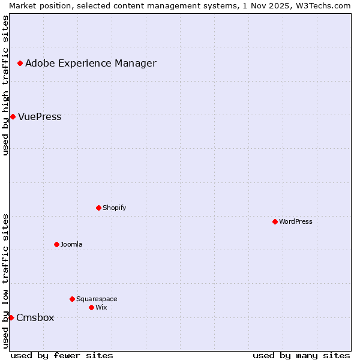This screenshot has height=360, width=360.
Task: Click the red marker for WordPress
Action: point(275,221)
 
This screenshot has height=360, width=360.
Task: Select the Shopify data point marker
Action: point(98,208)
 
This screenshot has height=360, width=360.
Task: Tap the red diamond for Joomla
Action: point(56,244)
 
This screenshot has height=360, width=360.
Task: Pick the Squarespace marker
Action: point(72,299)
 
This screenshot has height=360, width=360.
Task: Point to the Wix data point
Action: point(91,307)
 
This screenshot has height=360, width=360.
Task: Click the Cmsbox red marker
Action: point(11,317)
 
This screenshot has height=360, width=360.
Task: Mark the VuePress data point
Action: point(13,116)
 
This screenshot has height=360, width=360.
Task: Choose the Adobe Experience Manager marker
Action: point(20,63)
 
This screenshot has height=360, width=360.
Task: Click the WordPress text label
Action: point(296,221)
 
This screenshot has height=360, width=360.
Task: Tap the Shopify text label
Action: point(114,208)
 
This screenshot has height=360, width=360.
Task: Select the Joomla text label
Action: point(71,244)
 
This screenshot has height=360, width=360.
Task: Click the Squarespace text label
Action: point(97,299)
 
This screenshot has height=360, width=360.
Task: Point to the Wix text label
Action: point(101,307)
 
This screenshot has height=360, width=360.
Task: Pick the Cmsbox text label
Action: point(35,317)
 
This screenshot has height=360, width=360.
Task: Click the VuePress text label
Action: point(40,116)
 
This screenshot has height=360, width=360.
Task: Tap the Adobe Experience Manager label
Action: point(91,63)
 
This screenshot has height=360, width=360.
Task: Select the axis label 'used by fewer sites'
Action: point(62,355)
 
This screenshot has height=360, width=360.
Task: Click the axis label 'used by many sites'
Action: point(301,355)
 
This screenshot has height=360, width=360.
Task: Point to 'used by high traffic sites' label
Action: point(5,85)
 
